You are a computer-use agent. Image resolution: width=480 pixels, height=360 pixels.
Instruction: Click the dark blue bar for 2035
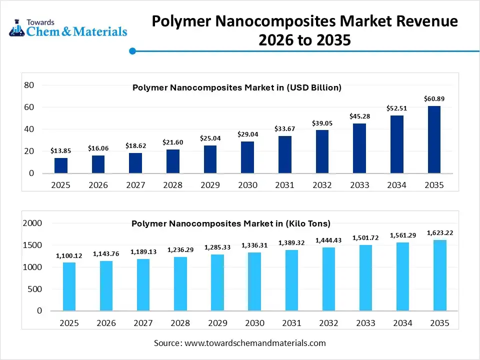tap(434, 139)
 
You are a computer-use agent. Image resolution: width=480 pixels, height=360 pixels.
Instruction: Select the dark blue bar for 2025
tap(61, 165)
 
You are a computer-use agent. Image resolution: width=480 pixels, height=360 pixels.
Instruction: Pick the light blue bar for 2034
tap(402, 276)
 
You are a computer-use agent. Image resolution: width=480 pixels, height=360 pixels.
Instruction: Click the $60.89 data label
tap(434, 99)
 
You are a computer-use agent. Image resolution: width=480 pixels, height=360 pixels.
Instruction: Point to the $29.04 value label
tap(247, 134)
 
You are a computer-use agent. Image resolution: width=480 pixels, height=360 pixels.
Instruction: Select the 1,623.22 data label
tap(439, 233)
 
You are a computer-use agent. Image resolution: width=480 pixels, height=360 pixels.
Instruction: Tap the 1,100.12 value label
tap(69, 255)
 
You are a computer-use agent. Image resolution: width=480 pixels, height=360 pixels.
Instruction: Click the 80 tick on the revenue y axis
tap(28, 85)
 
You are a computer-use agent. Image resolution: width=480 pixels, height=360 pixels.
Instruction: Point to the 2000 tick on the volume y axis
tap(33, 223)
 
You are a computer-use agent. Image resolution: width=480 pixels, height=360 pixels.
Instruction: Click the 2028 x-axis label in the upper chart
tap(173, 185)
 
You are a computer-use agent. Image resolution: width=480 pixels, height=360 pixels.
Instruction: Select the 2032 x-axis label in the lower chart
tap(328, 323)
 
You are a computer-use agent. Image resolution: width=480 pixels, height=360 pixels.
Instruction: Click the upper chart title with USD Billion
tap(236, 87)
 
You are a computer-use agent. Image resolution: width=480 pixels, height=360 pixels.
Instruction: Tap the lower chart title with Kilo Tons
tap(231, 223)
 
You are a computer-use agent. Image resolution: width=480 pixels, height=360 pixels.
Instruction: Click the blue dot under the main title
tap(132, 51)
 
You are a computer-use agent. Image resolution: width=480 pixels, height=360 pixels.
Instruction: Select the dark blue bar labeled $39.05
tap(322, 151)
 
